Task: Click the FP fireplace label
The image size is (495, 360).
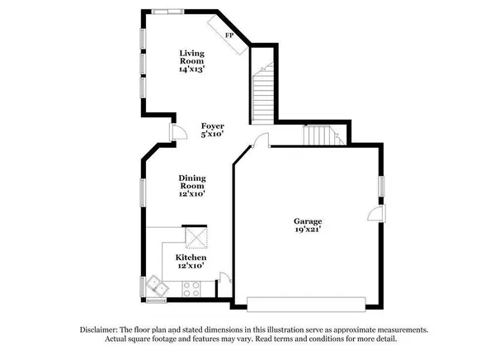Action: click(x=230, y=36)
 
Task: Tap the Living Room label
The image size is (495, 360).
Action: click(x=192, y=57)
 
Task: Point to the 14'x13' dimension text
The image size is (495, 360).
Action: click(x=192, y=69)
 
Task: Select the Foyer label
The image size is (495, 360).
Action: click(x=213, y=126)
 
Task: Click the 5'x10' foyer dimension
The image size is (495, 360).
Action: click(x=213, y=134)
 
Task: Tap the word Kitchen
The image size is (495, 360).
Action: click(x=191, y=258)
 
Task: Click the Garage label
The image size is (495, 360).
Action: click(x=309, y=221)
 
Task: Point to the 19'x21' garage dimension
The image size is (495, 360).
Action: click(x=309, y=230)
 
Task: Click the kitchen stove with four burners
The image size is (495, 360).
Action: click(x=192, y=289)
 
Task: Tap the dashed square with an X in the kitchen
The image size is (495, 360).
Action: click(x=195, y=238)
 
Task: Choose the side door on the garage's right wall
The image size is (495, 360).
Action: click(x=375, y=216)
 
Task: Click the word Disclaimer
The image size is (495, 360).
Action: click(x=98, y=329)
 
